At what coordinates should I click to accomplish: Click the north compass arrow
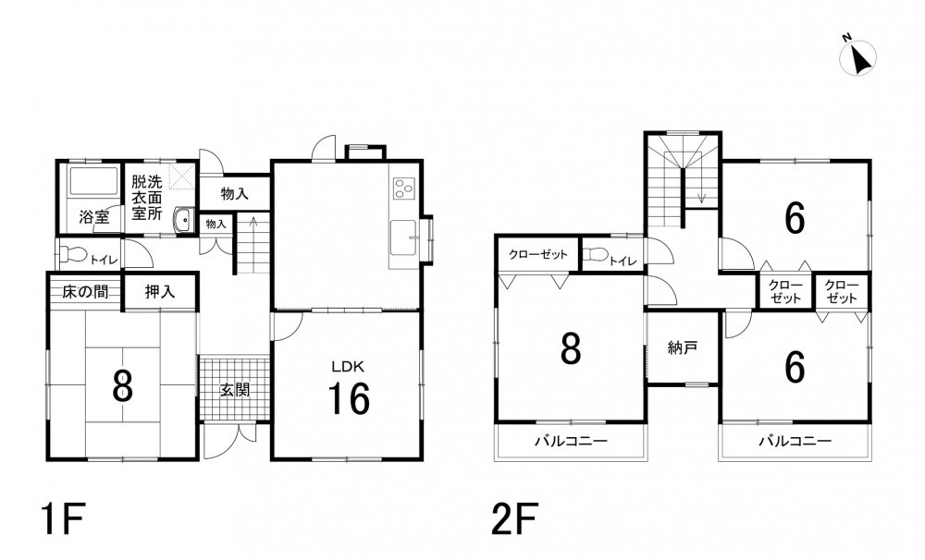point(860,58)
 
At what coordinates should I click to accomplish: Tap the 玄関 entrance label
point(235,390)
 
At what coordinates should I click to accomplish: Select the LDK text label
point(348,367)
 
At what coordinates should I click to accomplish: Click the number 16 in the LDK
point(349,398)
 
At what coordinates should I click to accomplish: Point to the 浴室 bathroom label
point(94,216)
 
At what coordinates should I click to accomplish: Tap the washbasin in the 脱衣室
point(183,221)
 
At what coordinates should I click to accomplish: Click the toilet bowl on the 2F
point(595,254)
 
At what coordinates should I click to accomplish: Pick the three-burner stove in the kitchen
point(403,188)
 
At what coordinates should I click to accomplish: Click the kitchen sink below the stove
point(402,237)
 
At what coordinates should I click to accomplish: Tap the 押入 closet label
point(160,291)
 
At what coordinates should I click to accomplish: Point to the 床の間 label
point(85,291)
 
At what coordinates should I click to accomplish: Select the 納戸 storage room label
point(683,347)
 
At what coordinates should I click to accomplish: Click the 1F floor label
point(63,518)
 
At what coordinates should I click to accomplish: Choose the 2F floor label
point(514,518)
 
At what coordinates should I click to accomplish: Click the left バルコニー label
point(571,441)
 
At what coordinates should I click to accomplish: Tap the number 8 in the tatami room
point(122,386)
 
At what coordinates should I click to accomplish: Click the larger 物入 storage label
point(235,193)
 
